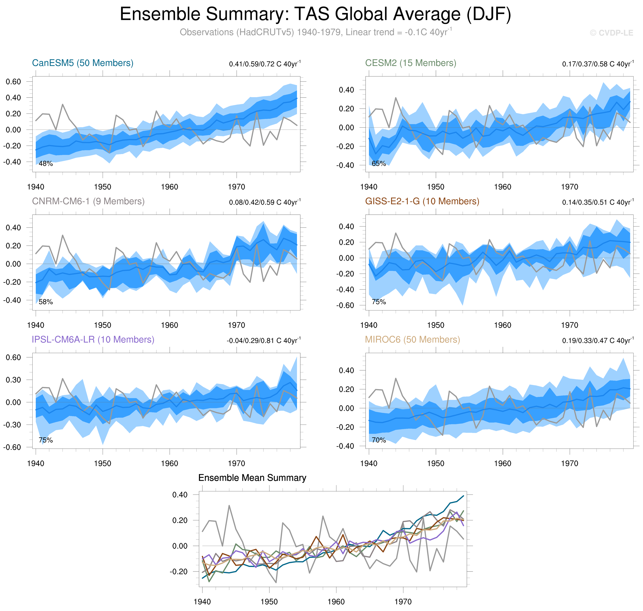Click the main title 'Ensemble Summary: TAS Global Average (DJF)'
(315, 14)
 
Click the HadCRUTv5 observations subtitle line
(315, 32)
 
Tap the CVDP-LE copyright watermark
(611, 33)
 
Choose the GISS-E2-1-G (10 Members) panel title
(422, 201)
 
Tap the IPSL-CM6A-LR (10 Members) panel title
(93, 339)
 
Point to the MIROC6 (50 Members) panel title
(412, 339)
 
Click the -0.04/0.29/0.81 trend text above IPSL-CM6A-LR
(263, 341)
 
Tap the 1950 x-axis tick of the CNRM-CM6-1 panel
(102, 325)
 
